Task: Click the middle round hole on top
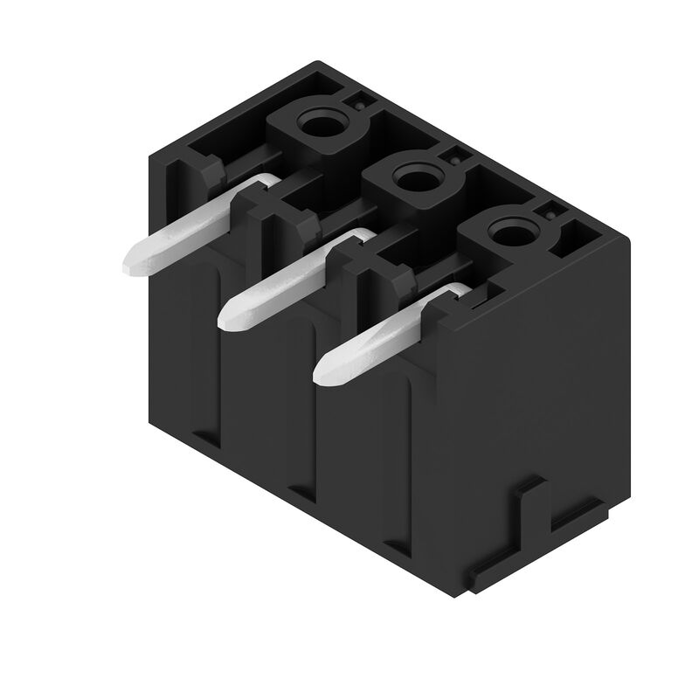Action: coord(410,180)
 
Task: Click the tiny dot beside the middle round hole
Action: coord(455,160)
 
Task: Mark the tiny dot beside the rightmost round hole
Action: coord(550,212)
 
